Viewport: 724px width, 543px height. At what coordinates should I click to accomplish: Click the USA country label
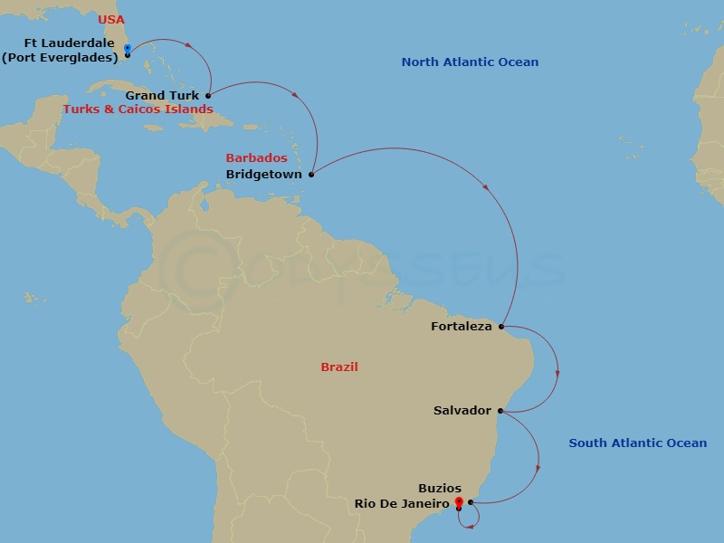(110, 20)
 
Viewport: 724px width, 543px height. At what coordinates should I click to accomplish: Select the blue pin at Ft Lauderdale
(127, 48)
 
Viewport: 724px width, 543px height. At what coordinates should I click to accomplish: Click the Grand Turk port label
(163, 95)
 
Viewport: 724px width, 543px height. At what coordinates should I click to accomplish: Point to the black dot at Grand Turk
(208, 95)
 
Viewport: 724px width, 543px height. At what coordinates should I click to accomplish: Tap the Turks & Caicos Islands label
(138, 109)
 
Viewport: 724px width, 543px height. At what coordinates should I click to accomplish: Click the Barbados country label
(257, 158)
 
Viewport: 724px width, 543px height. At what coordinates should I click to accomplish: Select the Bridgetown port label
(264, 174)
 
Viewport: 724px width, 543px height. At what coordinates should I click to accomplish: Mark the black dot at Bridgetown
(311, 174)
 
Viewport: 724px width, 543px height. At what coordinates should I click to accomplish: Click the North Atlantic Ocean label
(470, 62)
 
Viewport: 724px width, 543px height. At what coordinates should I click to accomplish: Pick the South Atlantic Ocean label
(637, 443)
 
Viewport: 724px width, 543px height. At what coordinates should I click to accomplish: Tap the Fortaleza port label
(462, 326)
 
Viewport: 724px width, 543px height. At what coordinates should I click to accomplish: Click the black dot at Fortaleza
(500, 326)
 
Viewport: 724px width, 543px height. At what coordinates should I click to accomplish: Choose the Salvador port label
(462, 410)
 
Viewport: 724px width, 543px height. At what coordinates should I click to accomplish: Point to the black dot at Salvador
(500, 411)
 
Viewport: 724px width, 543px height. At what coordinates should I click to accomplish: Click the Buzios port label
(440, 489)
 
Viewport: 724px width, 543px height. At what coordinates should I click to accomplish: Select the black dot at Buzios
(471, 502)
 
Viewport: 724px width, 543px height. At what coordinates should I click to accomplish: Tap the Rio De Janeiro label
(403, 503)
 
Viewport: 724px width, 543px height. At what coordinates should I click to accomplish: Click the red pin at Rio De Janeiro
(459, 501)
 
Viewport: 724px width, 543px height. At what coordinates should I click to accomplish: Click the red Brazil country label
(339, 367)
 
